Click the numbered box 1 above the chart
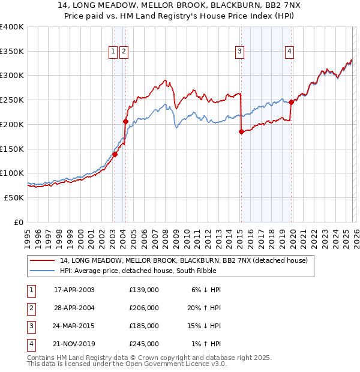[113, 52]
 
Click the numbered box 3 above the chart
[239, 52]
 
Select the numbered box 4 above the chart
[289, 52]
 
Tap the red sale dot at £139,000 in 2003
[115, 154]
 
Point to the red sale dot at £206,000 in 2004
[126, 121]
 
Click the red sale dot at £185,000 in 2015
[241, 131]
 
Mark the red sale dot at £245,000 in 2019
[291, 102]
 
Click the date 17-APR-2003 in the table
[74, 290]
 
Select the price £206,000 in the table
[144, 308]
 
